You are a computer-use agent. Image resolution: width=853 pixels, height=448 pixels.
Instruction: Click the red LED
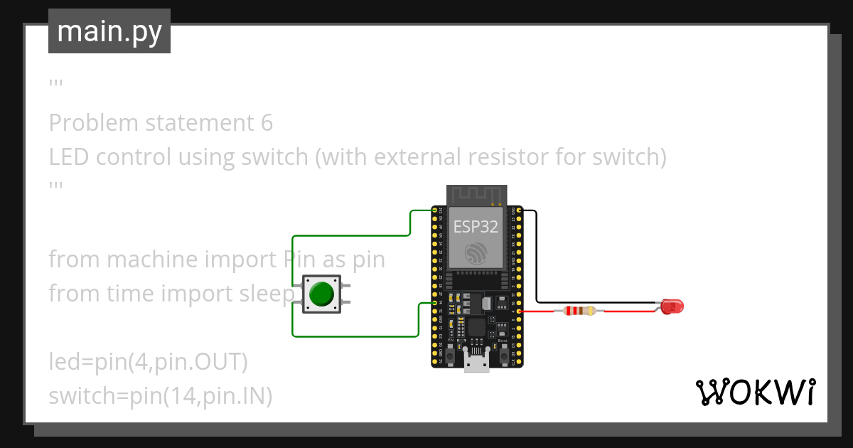(672, 306)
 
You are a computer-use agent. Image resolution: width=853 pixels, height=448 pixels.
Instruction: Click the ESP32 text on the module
(476, 226)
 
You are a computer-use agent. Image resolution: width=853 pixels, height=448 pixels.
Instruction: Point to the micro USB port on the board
(476, 363)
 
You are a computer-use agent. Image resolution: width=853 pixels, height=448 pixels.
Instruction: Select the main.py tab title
(109, 31)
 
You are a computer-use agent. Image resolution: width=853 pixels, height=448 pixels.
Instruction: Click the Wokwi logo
(755, 392)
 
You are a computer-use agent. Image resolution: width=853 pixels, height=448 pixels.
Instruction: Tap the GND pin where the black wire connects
(520, 210)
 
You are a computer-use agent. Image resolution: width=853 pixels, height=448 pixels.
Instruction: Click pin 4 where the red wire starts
(520, 311)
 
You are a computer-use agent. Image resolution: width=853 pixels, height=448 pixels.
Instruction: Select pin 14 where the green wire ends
(434, 303)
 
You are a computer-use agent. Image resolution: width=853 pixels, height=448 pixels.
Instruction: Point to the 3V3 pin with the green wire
(434, 210)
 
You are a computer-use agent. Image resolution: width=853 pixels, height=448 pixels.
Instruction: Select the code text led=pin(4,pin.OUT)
(148, 362)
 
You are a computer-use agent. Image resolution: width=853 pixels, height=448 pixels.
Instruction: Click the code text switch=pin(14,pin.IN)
(161, 396)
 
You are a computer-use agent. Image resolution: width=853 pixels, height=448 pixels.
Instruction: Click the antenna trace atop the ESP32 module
(476, 194)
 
